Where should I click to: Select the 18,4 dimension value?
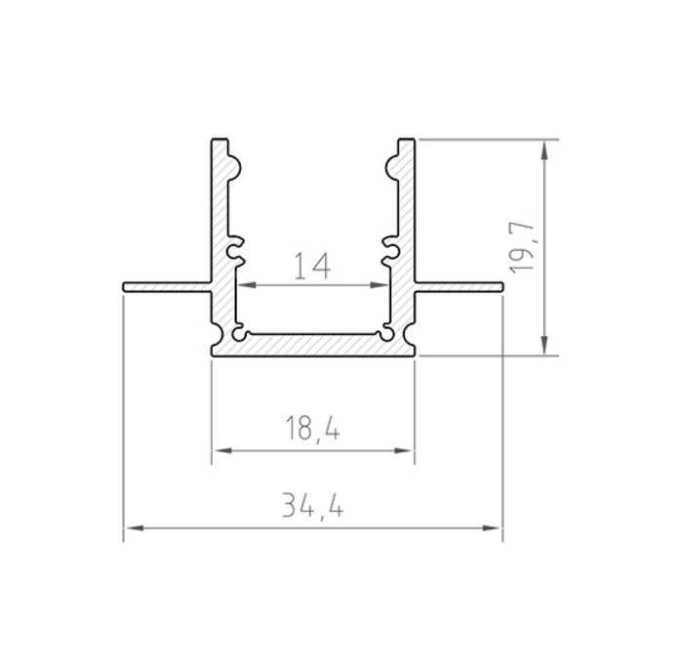312,428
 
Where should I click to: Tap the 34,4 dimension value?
313,506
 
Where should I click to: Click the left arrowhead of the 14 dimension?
244,286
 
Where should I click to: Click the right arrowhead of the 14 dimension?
381,286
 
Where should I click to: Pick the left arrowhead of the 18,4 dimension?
219,450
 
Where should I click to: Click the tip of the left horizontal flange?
127,286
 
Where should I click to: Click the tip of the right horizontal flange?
499,286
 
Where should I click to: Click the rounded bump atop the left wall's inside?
229,162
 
